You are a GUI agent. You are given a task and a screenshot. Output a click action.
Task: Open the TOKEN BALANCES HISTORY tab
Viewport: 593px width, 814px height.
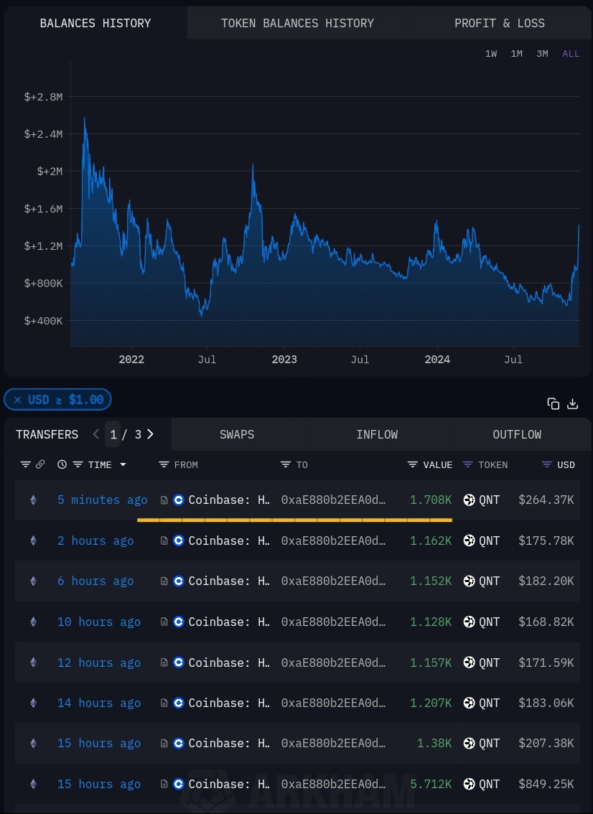point(297,23)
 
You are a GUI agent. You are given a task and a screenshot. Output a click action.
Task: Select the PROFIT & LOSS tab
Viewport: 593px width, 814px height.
point(499,23)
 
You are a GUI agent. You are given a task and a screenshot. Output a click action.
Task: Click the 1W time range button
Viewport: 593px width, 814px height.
point(491,54)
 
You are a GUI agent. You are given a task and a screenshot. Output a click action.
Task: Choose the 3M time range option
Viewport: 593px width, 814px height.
point(542,54)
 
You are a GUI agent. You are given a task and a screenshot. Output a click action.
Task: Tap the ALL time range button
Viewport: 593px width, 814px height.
point(571,54)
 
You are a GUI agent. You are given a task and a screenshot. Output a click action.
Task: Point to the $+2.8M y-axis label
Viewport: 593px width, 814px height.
point(44,97)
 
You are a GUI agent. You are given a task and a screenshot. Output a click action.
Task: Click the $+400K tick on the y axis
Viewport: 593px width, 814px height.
point(44,321)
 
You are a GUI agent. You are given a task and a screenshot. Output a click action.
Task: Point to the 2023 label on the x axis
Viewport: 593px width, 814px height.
point(284,360)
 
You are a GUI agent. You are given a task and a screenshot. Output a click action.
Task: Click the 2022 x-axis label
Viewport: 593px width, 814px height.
point(131,360)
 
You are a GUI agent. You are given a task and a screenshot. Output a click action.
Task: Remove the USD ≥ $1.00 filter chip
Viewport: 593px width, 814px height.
point(18,400)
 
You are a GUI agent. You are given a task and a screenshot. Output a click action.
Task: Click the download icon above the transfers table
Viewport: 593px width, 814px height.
point(572,403)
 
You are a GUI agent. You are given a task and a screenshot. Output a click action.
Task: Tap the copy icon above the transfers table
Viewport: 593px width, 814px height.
point(553,403)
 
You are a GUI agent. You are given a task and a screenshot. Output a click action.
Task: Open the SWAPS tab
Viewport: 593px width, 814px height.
point(237,434)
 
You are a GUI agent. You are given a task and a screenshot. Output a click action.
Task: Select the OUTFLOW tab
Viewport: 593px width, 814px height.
point(517,434)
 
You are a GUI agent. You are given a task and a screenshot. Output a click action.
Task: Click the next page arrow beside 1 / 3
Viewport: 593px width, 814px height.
point(150,434)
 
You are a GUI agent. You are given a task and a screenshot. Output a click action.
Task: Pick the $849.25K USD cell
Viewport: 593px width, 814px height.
point(546,784)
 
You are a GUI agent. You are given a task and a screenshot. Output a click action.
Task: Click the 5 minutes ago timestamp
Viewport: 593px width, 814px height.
point(103,500)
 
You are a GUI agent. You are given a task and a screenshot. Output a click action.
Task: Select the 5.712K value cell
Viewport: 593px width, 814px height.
point(431,784)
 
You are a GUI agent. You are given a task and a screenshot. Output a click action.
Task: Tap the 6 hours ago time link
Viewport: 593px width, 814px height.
point(95,581)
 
